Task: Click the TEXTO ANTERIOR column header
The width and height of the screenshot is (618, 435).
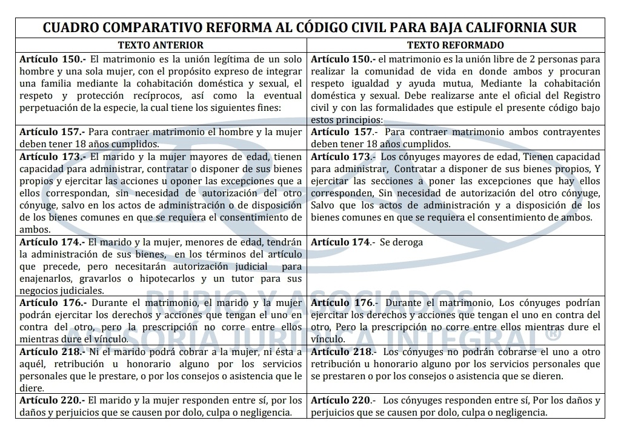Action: click(161, 45)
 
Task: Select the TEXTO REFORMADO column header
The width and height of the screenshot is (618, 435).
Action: click(455, 45)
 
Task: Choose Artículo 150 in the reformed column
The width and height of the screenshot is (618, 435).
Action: click(343, 59)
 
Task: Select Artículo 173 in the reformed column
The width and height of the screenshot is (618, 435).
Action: click(343, 156)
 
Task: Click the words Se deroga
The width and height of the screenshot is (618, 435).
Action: click(402, 242)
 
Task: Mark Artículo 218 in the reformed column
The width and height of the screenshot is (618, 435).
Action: click(343, 351)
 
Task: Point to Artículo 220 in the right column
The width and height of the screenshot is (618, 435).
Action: click(343, 400)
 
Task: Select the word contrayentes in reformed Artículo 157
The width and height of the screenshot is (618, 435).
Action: click(569, 132)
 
